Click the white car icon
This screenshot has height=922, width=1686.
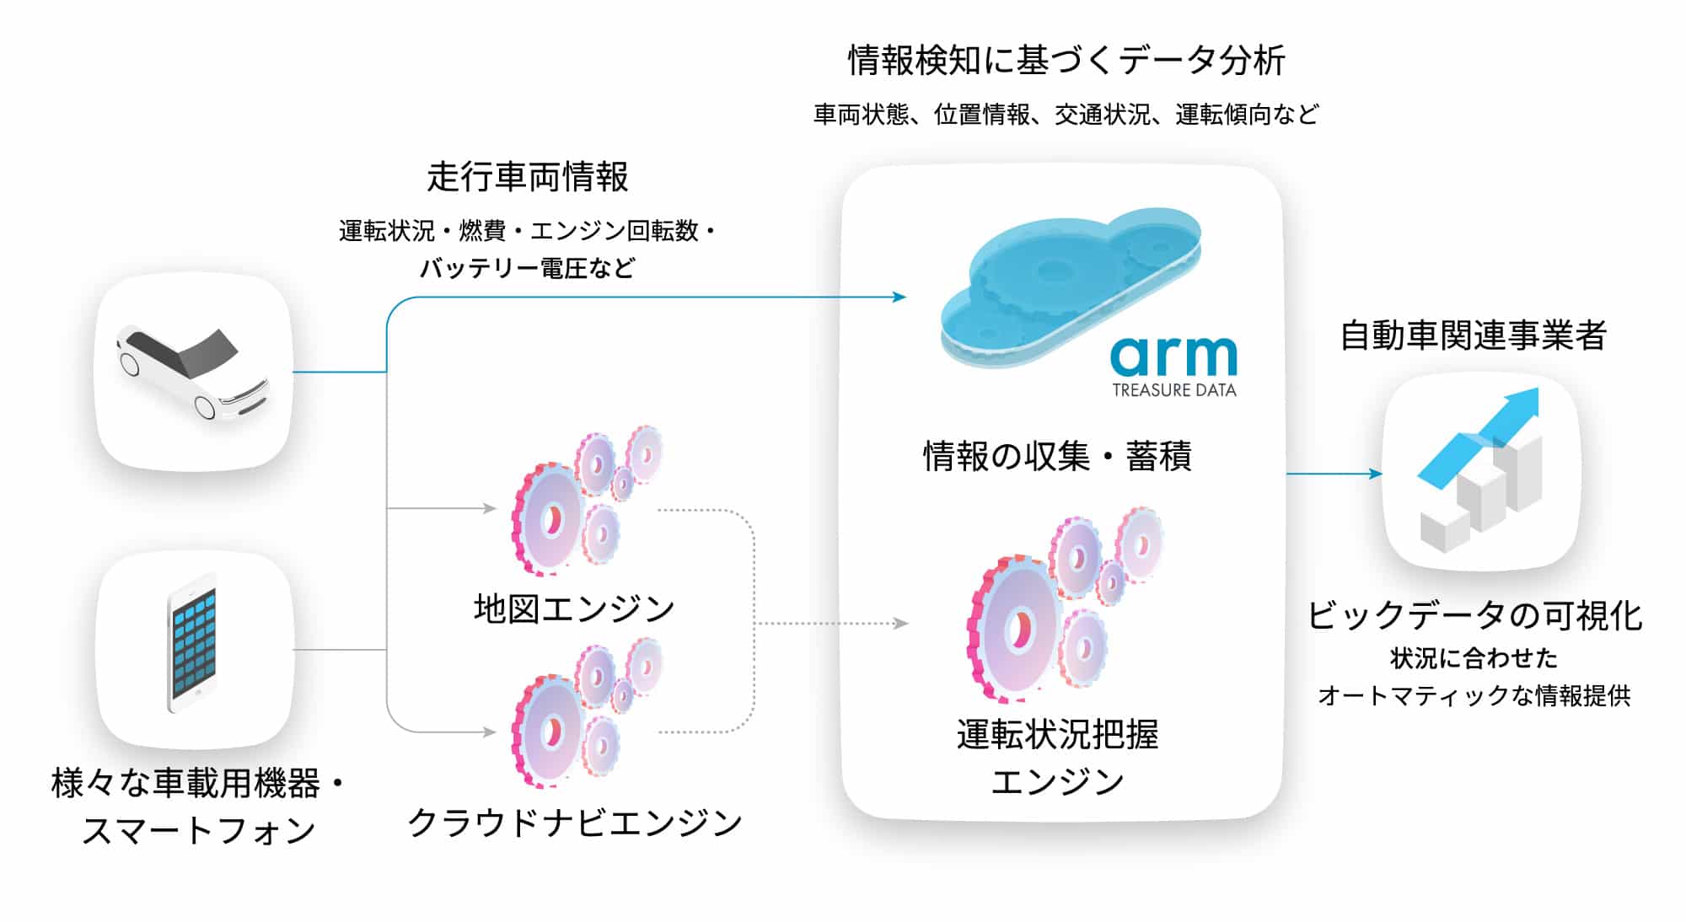[193, 372]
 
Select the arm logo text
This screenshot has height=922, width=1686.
[1173, 355]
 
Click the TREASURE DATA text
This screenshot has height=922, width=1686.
[1173, 390]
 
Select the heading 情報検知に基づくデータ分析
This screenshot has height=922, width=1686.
[1066, 61]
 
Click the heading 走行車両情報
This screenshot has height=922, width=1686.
[528, 177]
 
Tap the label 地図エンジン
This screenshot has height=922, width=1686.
[574, 608]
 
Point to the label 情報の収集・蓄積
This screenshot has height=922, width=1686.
[1057, 456]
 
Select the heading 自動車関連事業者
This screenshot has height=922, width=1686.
[1473, 335]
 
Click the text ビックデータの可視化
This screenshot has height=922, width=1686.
[1474, 615]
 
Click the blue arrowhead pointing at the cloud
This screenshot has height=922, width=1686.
[899, 297]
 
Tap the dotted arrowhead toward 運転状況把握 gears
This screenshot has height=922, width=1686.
[901, 624]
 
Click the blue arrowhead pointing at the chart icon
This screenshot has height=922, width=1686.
[1376, 474]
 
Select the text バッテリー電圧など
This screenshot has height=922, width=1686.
[528, 268]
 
